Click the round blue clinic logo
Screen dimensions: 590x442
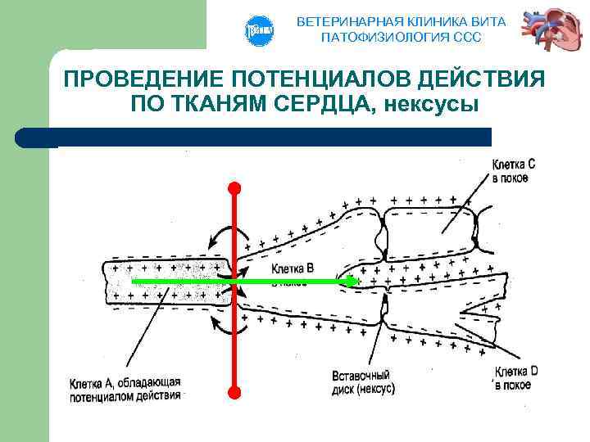[x=257, y=30]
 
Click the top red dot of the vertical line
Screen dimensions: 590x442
[x=234, y=187]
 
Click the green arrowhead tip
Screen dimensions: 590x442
[x=352, y=281]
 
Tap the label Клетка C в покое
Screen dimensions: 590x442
[x=514, y=171]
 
